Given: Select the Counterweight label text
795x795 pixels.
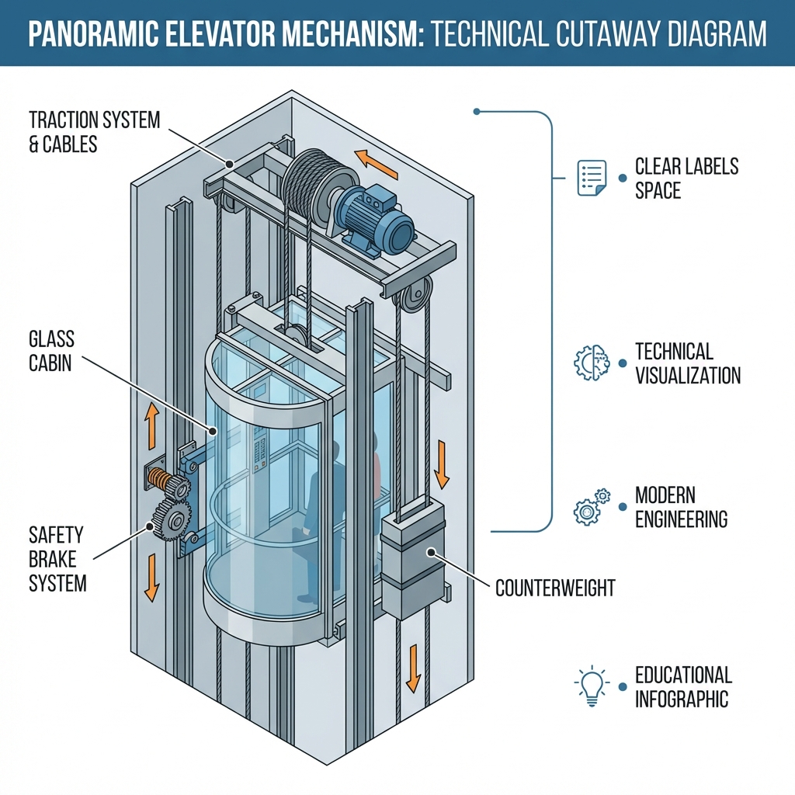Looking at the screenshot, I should (554, 588).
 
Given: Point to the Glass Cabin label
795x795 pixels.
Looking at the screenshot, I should (51, 350).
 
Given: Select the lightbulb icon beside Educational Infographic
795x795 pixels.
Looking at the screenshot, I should (591, 686).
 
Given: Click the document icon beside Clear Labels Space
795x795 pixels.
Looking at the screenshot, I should (592, 178).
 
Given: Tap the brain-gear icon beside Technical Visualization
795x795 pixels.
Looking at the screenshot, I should (592, 362).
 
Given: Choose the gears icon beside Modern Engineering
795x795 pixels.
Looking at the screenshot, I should (592, 507).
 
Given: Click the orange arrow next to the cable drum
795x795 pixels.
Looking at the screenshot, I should (371, 162).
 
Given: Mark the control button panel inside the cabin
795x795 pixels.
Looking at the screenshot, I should (261, 454).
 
